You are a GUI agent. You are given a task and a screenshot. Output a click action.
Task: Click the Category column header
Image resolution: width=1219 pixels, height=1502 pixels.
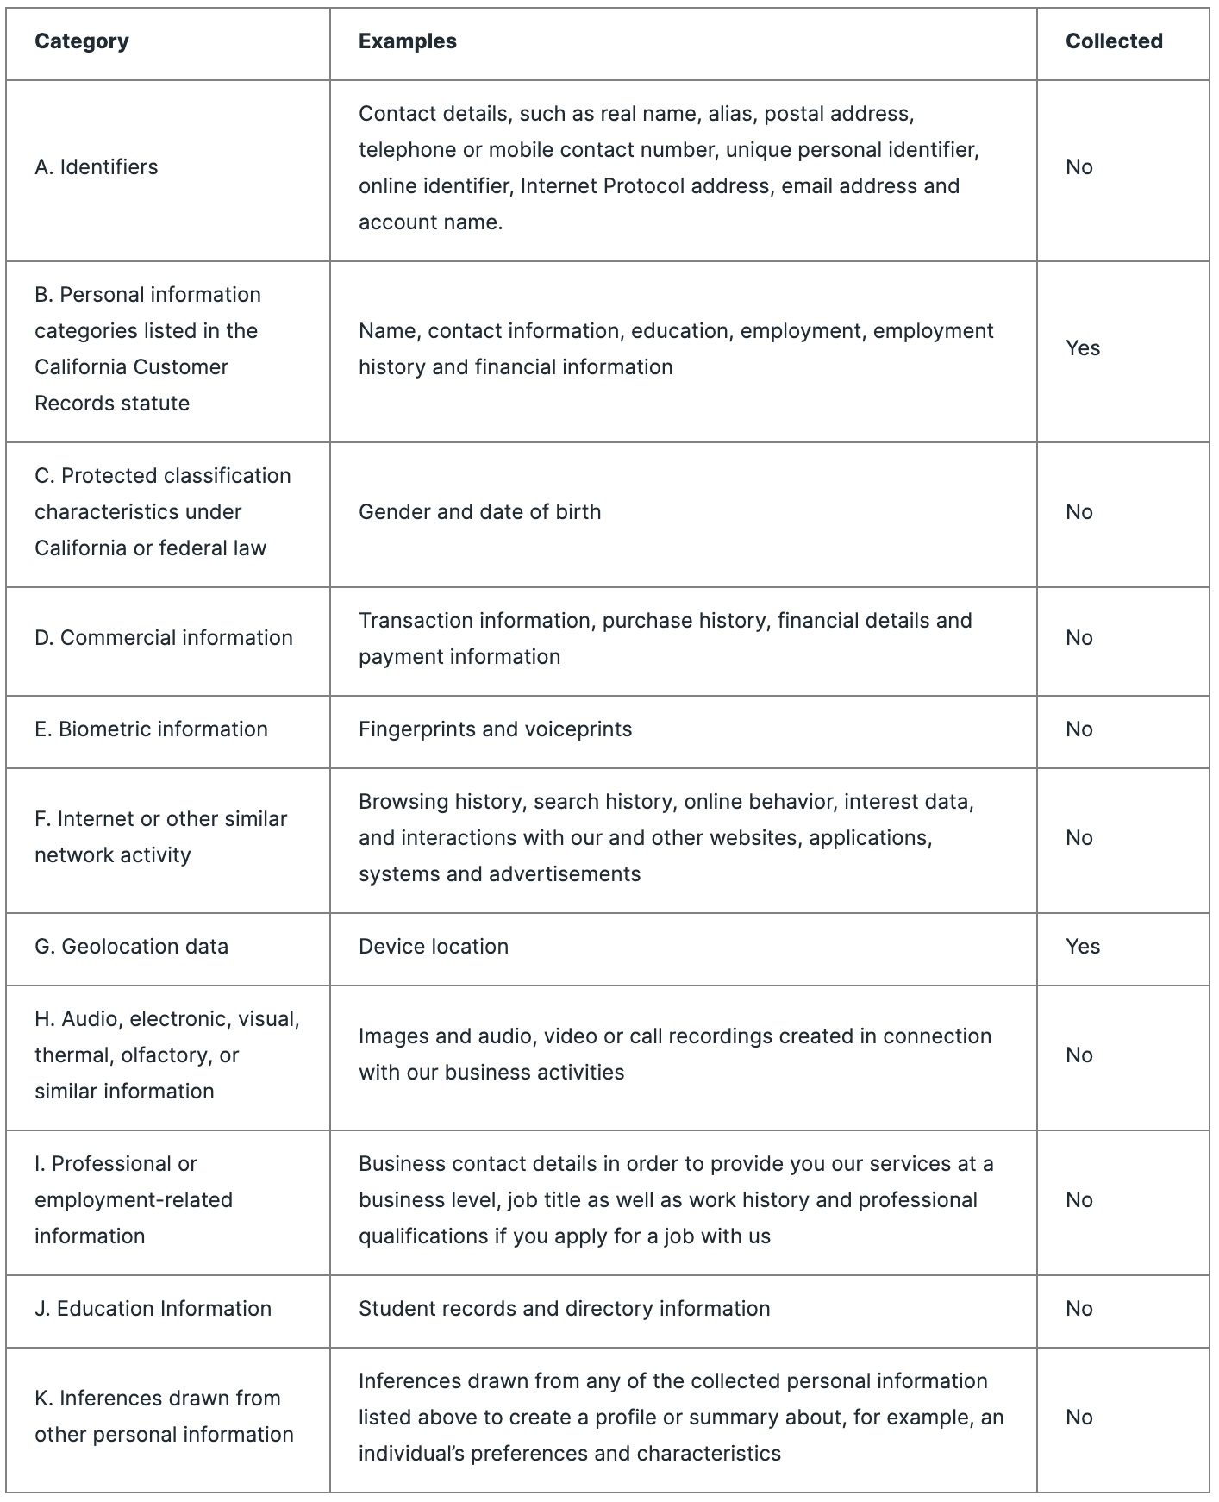pos(82,41)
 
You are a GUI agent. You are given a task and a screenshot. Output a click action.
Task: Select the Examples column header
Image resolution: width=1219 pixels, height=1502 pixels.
pos(407,41)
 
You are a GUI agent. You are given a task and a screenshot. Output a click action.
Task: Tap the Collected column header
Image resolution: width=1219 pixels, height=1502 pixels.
pos(1113,41)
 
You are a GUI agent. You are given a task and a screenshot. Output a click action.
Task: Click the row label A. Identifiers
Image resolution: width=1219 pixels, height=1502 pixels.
pos(97,167)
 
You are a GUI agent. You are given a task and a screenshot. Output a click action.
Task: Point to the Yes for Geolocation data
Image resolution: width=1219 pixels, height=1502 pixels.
pos(1082,947)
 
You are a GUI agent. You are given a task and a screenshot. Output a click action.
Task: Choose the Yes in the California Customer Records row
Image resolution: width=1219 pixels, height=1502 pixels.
pos(1082,348)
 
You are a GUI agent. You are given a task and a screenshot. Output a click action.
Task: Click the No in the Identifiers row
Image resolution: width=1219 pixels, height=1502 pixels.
pos(1078,167)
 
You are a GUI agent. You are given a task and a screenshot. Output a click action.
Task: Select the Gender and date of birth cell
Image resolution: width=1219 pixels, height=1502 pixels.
pos(479,512)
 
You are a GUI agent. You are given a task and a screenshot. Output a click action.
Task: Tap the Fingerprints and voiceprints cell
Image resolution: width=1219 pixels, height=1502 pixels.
pos(495,729)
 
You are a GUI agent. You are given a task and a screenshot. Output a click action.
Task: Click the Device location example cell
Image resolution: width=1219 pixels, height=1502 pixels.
pos(433,947)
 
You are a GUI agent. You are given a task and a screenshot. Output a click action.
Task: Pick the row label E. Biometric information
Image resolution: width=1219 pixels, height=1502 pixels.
pos(151,729)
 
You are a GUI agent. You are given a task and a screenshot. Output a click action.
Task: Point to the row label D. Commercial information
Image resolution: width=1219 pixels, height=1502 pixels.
pos(164,638)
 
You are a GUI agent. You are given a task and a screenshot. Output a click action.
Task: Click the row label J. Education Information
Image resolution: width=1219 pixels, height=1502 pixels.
pos(153,1309)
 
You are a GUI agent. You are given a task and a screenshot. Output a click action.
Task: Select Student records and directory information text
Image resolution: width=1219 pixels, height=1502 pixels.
pos(564,1309)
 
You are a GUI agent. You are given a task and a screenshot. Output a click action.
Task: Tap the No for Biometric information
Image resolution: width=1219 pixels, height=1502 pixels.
pos(1078,729)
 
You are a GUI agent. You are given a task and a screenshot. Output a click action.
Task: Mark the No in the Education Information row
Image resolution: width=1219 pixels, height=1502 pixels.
pos(1078,1309)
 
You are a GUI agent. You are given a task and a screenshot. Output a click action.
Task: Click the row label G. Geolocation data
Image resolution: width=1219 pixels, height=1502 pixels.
pos(131,947)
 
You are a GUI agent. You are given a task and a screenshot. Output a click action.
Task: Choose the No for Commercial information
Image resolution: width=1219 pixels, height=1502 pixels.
pos(1078,638)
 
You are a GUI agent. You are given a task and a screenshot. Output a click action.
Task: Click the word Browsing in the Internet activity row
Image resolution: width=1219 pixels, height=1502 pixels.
pos(398,802)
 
